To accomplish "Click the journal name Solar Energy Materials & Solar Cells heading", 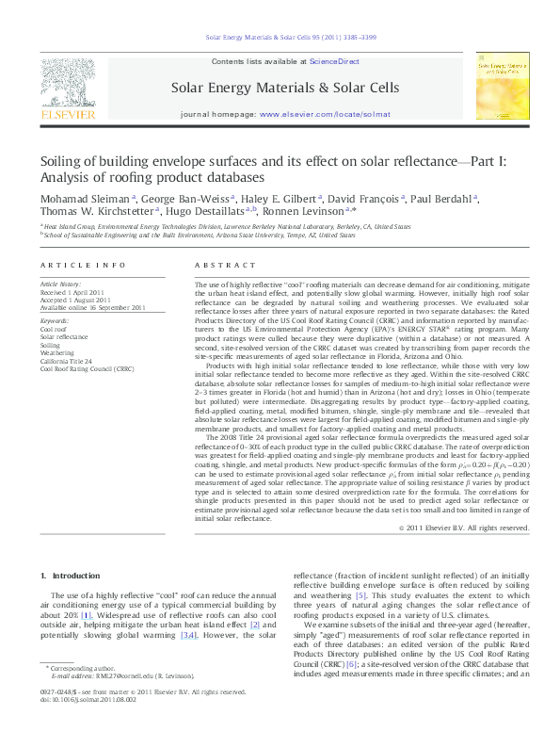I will pos(283,88).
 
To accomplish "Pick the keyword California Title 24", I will pos(66,361).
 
